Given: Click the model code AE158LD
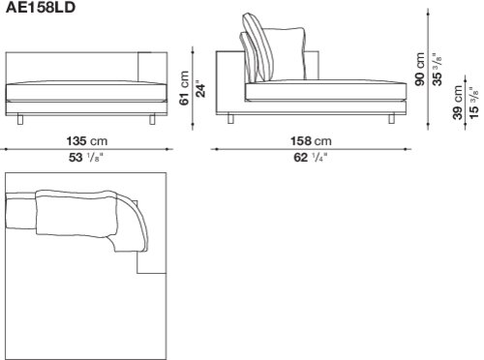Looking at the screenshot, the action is pyautogui.click(x=41, y=8).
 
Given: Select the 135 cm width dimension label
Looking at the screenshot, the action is pyautogui.click(x=87, y=141).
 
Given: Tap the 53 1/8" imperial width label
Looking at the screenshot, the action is pyautogui.click(x=86, y=158).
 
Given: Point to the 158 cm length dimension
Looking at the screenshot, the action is pyautogui.click(x=311, y=141).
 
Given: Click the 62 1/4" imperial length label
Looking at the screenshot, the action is pyautogui.click(x=311, y=158).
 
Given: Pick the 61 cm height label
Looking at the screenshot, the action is pyautogui.click(x=184, y=88).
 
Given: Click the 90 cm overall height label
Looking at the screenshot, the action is pyautogui.click(x=420, y=69).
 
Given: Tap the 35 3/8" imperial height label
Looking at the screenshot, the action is pyautogui.click(x=437, y=69).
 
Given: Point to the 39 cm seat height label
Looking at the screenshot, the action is pyautogui.click(x=458, y=103).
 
